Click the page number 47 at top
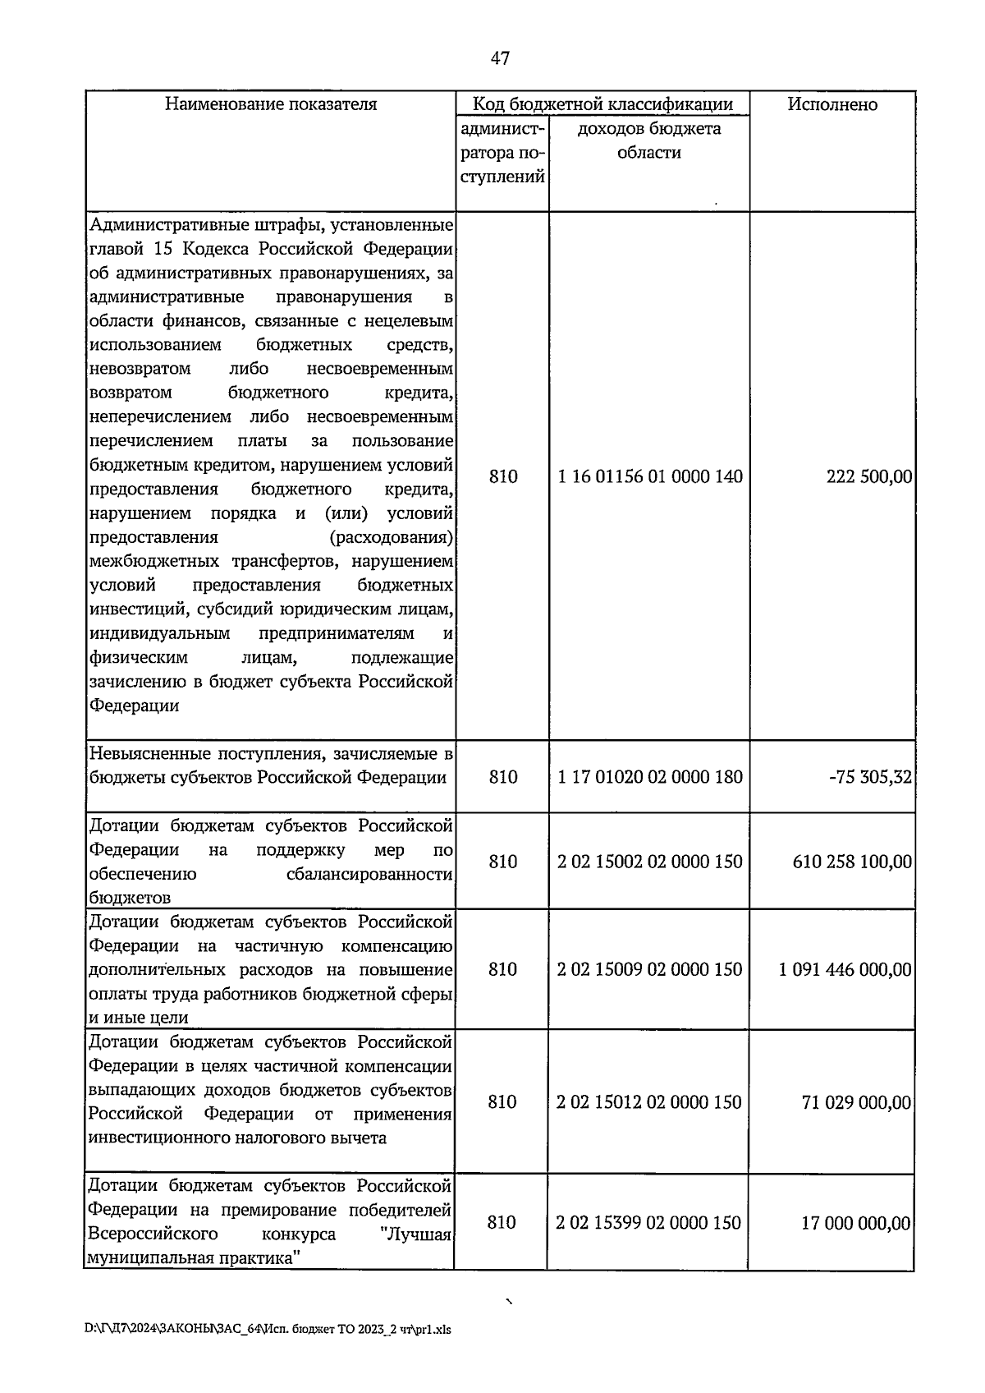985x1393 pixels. pos(500,57)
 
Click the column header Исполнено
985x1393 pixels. pos(832,104)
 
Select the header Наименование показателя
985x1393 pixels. pos(271,104)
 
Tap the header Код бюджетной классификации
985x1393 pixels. pos(602,104)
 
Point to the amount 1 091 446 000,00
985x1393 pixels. pos(845,969)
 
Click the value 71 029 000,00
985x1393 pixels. pos(856,1102)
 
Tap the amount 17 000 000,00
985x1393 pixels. pos(855,1223)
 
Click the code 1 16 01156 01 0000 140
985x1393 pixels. pos(649,476)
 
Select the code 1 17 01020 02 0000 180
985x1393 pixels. pos(649,777)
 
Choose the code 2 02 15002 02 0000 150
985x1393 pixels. pos(649,862)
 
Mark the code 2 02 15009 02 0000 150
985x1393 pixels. pos(649,969)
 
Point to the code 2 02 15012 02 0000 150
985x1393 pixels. pos(649,1102)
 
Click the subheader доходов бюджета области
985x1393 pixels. pos(648,140)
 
